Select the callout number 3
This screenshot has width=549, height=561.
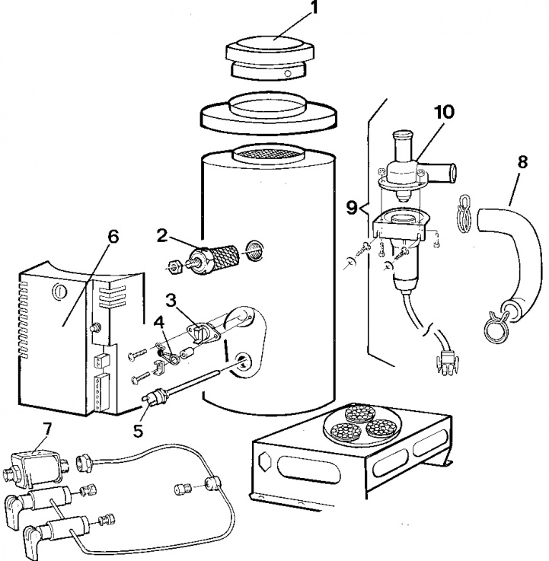(171, 297)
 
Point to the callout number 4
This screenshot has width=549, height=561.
(159, 321)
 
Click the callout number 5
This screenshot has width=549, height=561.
(138, 430)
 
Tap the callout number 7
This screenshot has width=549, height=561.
(48, 429)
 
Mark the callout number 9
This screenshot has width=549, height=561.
(352, 207)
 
